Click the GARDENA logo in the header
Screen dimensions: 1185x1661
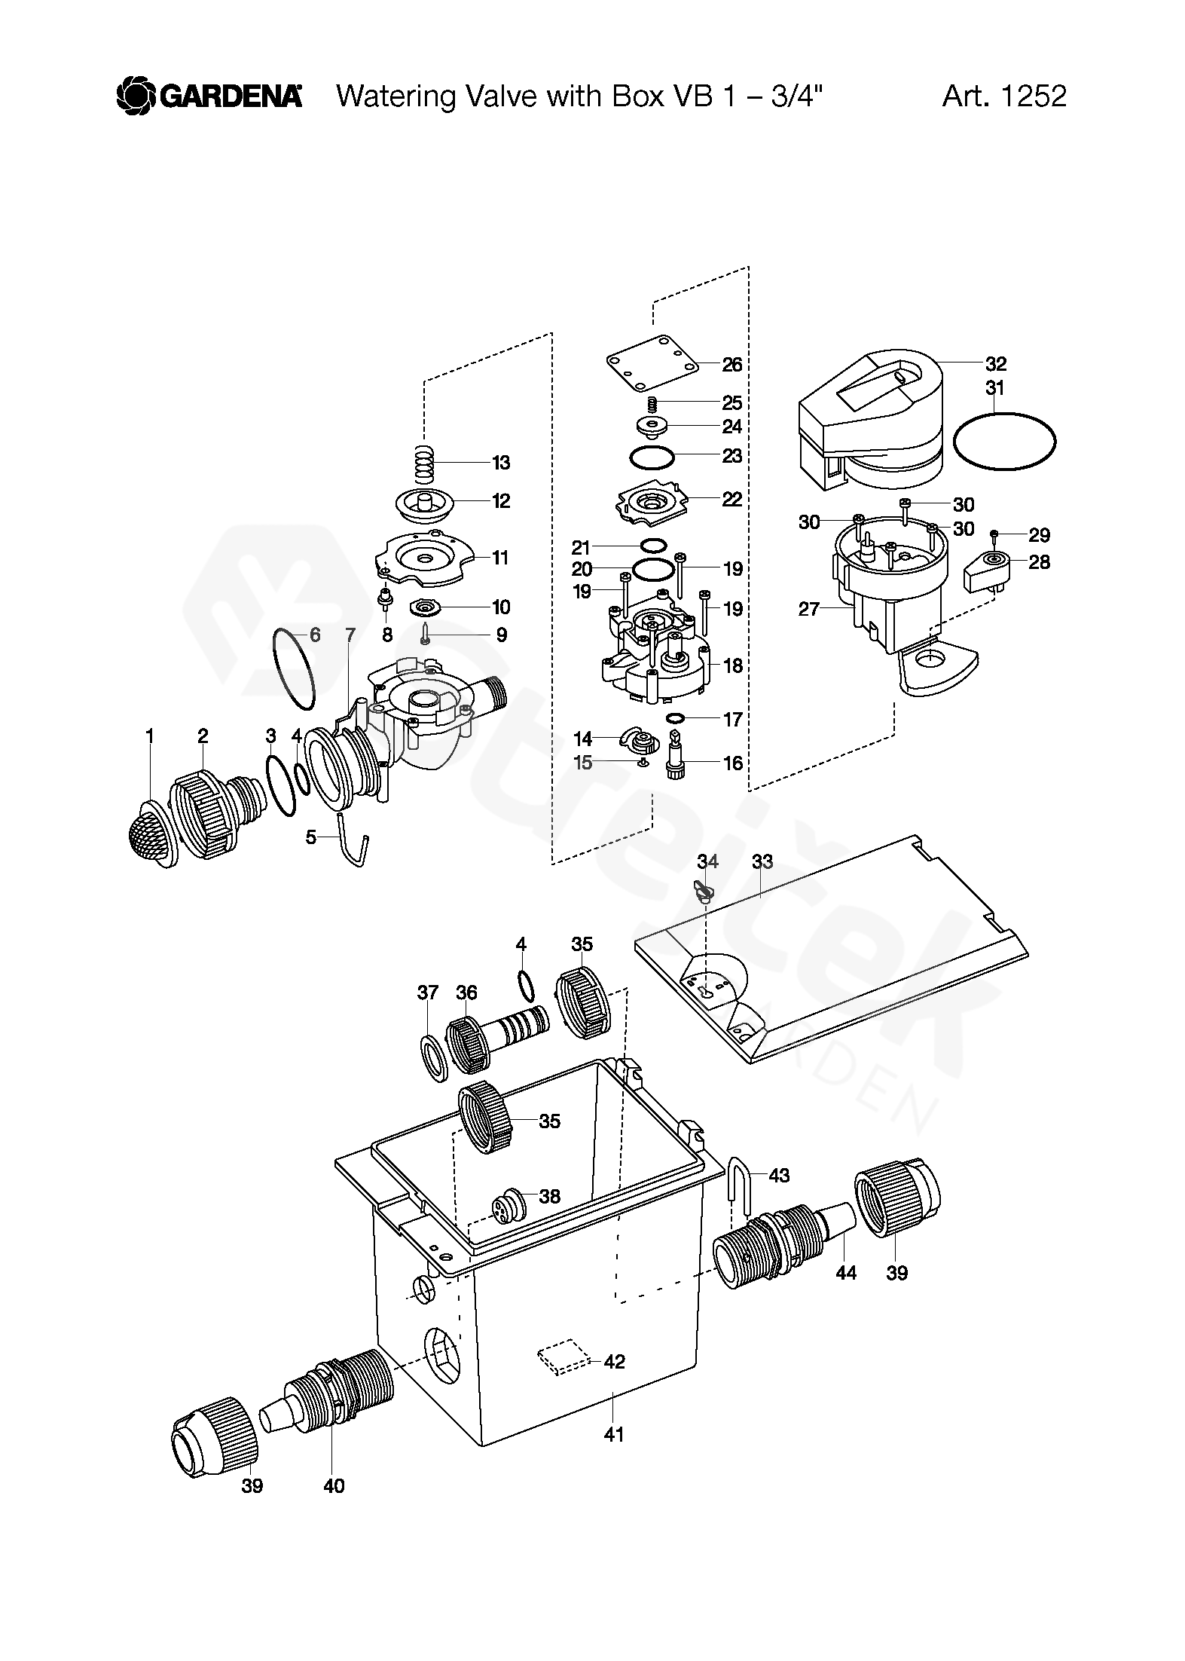click(x=209, y=96)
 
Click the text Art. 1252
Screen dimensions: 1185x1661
click(x=1004, y=96)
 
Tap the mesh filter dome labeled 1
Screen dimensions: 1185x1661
click(x=151, y=836)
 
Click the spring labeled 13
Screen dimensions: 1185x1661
click(x=426, y=461)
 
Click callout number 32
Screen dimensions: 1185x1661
click(x=996, y=364)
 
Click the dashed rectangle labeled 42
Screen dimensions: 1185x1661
click(x=564, y=1357)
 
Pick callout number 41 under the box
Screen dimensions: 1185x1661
click(x=614, y=1434)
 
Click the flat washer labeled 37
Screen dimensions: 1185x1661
click(x=434, y=1057)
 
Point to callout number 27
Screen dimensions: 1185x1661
click(x=808, y=609)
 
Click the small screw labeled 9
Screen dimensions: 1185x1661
click(x=426, y=634)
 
